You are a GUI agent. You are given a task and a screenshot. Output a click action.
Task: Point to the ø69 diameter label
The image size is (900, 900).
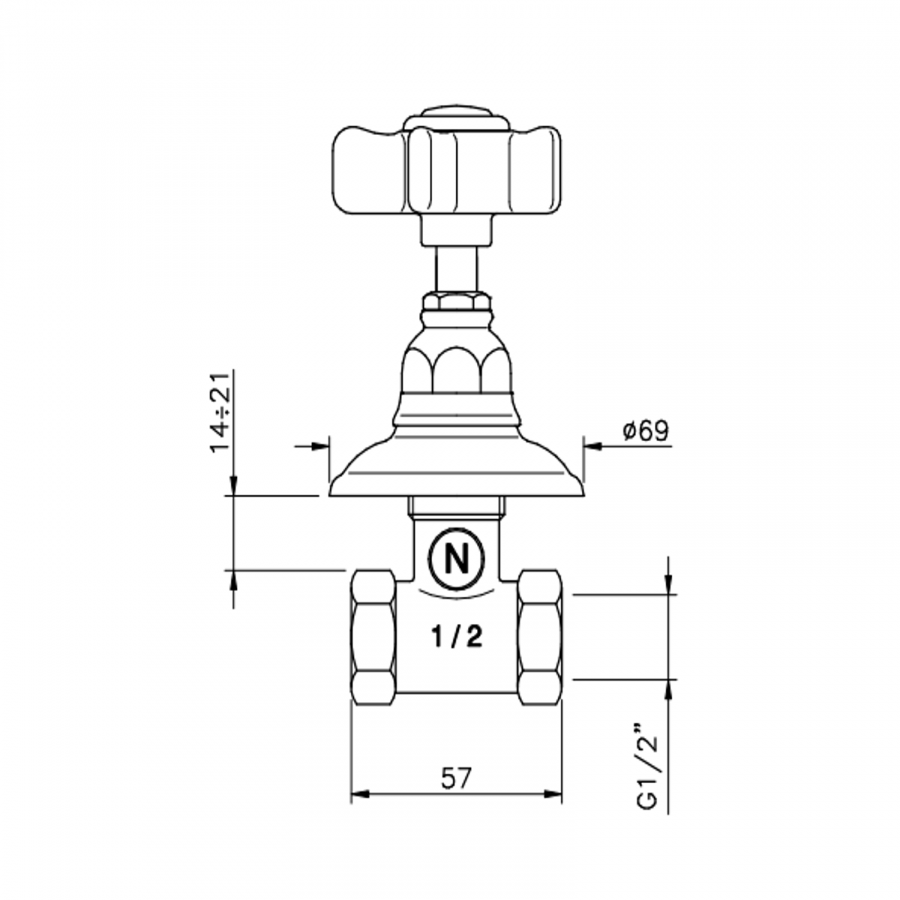pyautogui.click(x=645, y=431)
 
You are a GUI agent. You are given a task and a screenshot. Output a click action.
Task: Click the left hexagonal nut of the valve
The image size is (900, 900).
pyautogui.click(x=373, y=636)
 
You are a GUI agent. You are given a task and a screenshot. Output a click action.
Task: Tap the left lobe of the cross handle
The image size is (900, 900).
pyautogui.click(x=367, y=170)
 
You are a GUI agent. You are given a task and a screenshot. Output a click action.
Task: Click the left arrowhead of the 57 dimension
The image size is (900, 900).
pyautogui.click(x=358, y=795)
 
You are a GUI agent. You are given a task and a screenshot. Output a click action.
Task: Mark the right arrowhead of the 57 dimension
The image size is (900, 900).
pyautogui.click(x=555, y=795)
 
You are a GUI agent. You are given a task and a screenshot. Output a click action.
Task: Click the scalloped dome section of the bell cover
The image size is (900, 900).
pyautogui.click(x=456, y=367)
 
